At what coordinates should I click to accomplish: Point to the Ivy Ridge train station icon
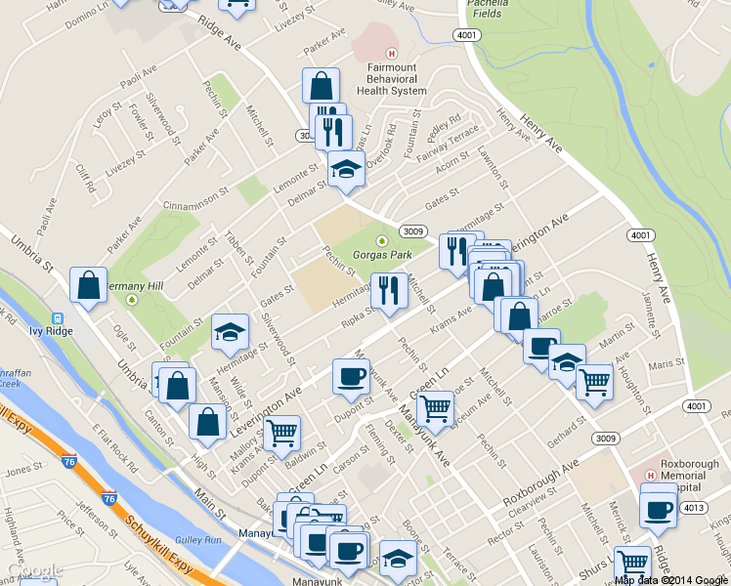pos(58,318)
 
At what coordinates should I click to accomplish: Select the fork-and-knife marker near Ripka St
pos(389,291)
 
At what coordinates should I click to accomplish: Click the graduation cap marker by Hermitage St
pos(230,332)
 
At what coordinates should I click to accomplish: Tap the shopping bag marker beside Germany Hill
pos(89,286)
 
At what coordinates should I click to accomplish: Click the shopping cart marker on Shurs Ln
pos(633,564)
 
